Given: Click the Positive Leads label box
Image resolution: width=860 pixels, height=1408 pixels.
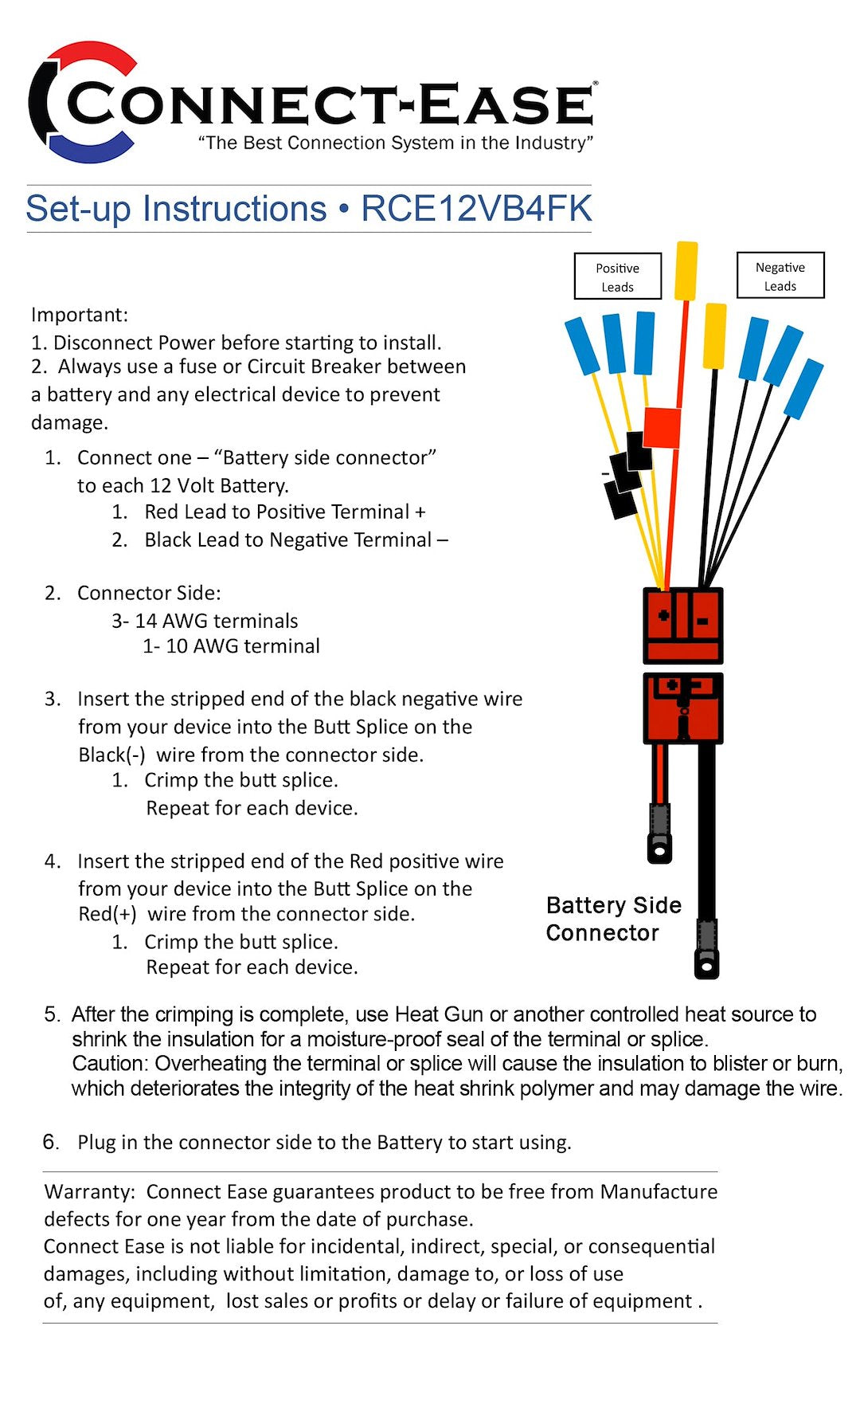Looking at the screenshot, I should (x=618, y=277).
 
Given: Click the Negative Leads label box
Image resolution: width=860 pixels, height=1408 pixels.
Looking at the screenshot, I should (x=780, y=276).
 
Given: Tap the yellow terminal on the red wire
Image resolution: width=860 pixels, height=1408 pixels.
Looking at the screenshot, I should (x=686, y=271).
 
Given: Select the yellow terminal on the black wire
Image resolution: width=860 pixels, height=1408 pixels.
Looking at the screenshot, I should (x=715, y=335).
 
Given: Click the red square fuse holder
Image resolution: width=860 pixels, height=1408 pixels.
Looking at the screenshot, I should (x=662, y=428).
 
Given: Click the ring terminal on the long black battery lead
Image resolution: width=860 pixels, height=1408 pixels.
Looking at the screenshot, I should (x=706, y=963).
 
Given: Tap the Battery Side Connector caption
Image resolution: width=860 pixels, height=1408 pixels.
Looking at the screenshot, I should (x=613, y=919).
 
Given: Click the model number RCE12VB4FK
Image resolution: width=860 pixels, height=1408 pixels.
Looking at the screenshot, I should (x=476, y=209).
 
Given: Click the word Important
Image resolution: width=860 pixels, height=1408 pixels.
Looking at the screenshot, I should (x=79, y=315).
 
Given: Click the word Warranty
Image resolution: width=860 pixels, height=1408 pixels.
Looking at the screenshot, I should (x=89, y=1191).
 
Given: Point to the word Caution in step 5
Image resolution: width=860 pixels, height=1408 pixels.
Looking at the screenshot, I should (x=111, y=1064).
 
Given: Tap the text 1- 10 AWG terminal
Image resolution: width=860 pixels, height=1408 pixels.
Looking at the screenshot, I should (x=231, y=646).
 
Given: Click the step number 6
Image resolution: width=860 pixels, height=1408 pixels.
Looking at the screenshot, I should (x=51, y=1142).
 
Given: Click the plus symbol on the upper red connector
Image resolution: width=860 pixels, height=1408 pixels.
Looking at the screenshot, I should (x=663, y=614).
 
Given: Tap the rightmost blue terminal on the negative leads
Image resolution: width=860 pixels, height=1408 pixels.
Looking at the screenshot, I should (x=803, y=388).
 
